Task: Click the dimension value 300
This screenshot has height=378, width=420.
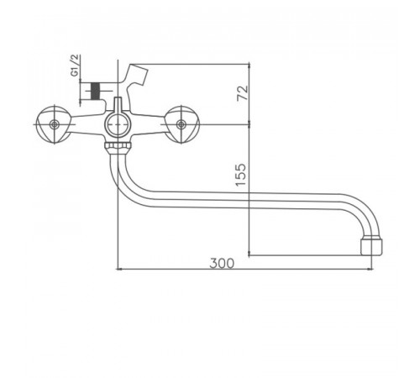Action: (x=222, y=263)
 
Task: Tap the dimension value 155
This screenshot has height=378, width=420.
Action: (x=241, y=175)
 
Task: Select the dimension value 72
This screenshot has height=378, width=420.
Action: (x=243, y=92)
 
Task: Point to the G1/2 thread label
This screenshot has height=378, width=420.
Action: (x=75, y=66)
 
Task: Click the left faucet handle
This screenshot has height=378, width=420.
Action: (x=54, y=124)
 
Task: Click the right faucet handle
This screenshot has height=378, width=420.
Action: (x=181, y=124)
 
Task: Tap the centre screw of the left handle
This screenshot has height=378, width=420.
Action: (x=54, y=124)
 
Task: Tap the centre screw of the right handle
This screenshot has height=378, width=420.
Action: (x=181, y=124)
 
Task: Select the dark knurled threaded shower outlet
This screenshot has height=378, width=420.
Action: (x=96, y=91)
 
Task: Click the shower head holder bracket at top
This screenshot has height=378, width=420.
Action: (x=135, y=76)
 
